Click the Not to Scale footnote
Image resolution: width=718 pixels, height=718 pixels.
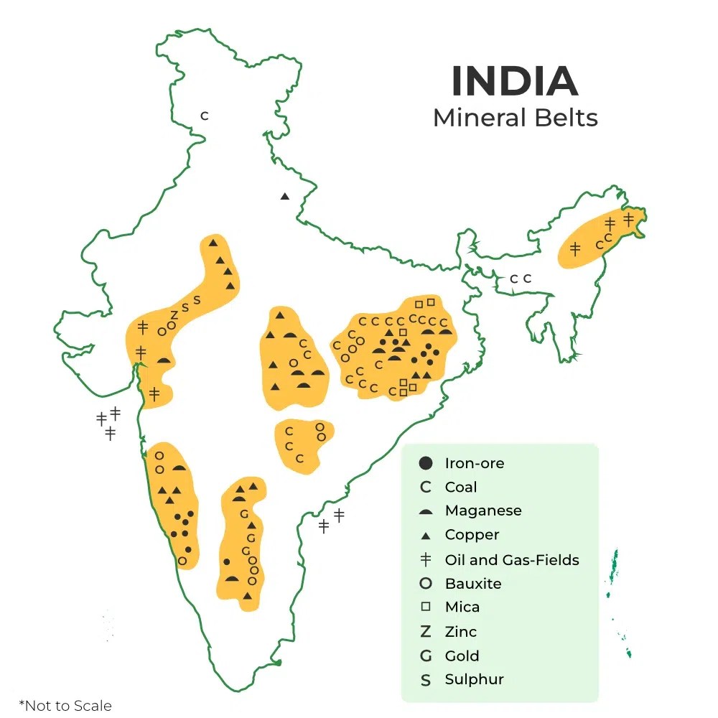tap(65, 705)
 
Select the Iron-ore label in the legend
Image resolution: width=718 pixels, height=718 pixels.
tap(474, 463)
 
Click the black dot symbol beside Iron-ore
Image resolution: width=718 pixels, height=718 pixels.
tap(426, 463)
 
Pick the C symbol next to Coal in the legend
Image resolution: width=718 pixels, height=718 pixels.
tap(426, 488)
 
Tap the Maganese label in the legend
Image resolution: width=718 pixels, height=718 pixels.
tap(482, 510)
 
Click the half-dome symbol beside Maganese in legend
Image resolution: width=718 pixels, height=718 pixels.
tap(426, 512)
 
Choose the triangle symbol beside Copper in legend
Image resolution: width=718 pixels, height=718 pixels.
tap(426, 536)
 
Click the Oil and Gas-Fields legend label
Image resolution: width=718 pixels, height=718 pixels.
tap(511, 559)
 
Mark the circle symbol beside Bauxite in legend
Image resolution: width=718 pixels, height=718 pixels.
tap(426, 584)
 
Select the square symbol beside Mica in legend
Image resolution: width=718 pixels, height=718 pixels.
tap(426, 607)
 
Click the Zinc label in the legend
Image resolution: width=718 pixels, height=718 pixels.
tap(460, 632)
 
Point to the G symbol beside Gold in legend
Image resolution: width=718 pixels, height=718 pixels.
tap(426, 656)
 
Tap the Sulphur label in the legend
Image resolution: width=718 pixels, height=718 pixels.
tap(474, 679)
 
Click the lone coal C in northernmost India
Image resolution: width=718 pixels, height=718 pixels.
tap(204, 116)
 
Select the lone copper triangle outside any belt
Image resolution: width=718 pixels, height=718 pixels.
tap(285, 196)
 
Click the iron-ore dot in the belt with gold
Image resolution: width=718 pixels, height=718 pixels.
tap(227, 561)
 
